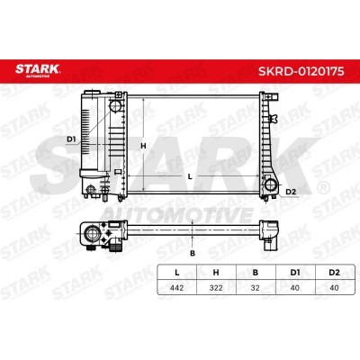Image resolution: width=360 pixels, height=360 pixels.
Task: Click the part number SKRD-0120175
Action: pos(301,71)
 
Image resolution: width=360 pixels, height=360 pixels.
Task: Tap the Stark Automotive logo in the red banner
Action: pos(38,70)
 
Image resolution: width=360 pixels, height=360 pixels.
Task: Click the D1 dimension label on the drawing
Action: pos(71,139)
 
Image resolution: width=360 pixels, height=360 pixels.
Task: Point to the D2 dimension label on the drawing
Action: pos(291,192)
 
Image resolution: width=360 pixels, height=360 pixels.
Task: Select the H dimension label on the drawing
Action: pos(143,146)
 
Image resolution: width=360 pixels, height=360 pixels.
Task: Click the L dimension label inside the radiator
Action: pos(190,177)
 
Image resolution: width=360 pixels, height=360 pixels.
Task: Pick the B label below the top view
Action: pos(193,253)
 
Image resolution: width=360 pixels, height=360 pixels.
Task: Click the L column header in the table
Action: pos(177,273)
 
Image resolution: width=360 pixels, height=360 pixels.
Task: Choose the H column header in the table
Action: pos(216,273)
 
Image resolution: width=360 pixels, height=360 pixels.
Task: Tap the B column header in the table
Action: pos(256,273)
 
